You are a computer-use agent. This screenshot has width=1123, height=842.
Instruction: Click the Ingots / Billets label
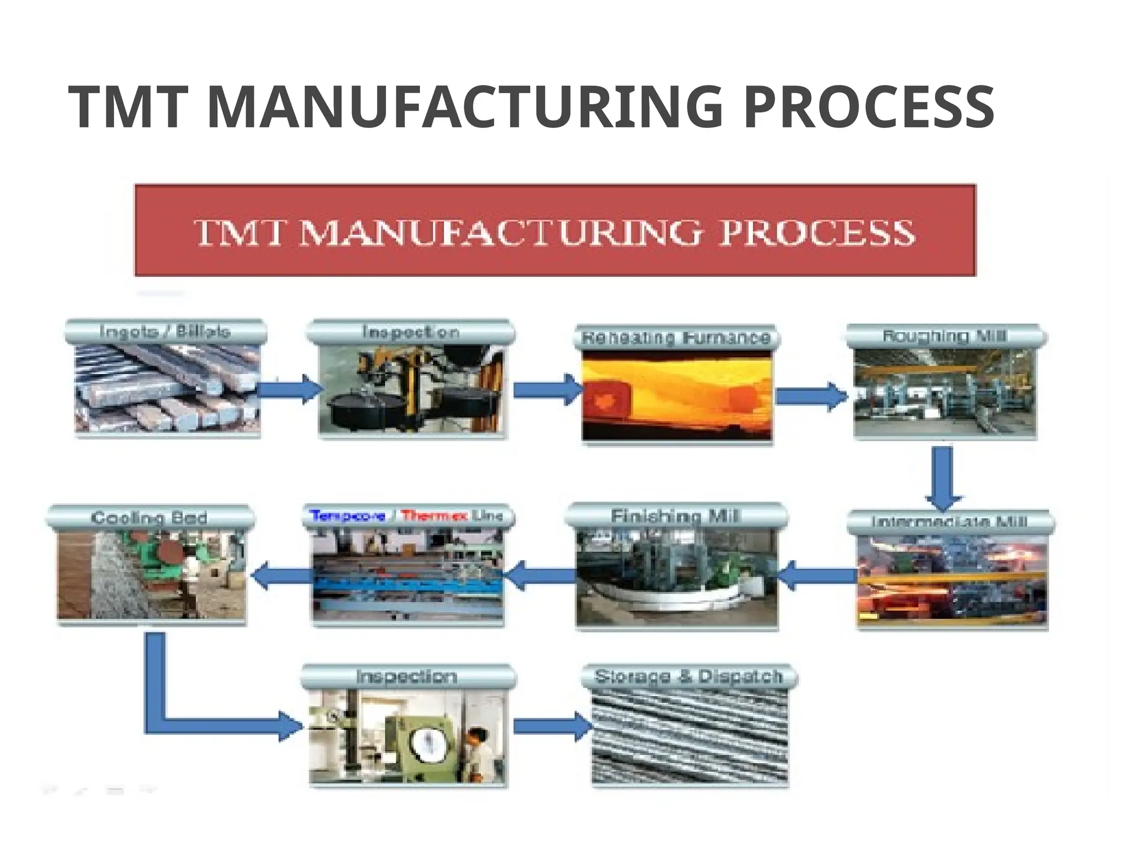(x=165, y=332)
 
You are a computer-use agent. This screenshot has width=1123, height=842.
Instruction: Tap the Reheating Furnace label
(x=676, y=337)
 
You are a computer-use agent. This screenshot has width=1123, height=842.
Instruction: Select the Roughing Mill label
(x=944, y=335)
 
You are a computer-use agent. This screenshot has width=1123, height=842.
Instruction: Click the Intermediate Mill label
(x=949, y=521)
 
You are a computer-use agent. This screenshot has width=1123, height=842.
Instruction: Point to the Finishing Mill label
(x=675, y=516)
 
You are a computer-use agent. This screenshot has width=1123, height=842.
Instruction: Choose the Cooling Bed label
(x=149, y=517)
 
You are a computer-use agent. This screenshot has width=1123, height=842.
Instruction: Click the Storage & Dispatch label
(x=688, y=676)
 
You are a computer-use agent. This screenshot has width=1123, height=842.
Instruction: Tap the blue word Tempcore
(x=348, y=516)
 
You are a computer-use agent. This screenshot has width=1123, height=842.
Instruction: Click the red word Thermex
(x=434, y=516)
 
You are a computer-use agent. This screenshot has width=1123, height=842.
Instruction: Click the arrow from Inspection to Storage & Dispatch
(x=551, y=726)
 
